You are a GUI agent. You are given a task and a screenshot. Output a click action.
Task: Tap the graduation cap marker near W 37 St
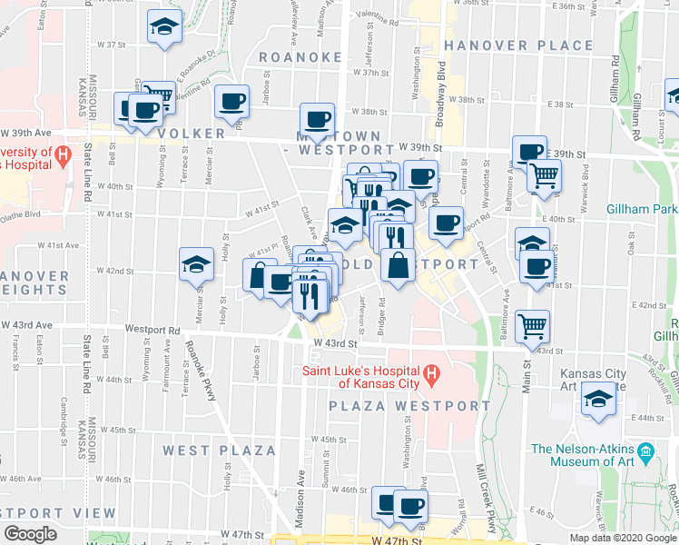click(164, 27)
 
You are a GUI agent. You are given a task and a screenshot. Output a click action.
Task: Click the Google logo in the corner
click(31, 534)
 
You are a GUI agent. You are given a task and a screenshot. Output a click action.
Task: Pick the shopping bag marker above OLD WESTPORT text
click(397, 266)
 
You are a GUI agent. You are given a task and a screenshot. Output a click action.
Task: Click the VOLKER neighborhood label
click(190, 134)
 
